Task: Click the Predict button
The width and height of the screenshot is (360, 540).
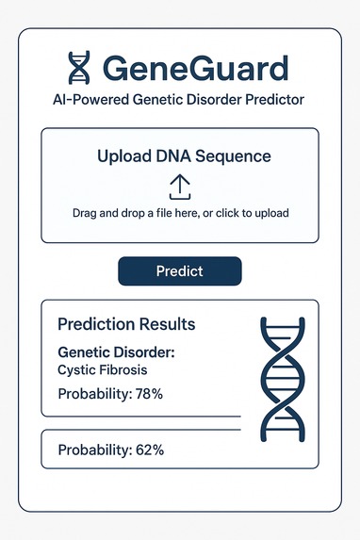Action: (179, 270)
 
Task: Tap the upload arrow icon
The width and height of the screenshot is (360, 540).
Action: (179, 186)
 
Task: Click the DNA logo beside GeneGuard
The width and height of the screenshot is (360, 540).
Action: (78, 67)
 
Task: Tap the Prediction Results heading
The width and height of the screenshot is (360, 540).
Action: (126, 324)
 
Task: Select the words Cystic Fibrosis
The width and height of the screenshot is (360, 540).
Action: (102, 370)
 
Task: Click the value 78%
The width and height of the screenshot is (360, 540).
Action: (147, 394)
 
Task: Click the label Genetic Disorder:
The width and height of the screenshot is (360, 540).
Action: (109, 353)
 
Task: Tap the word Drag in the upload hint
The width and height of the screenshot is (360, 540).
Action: (87, 213)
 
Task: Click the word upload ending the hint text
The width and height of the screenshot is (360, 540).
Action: (269, 213)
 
